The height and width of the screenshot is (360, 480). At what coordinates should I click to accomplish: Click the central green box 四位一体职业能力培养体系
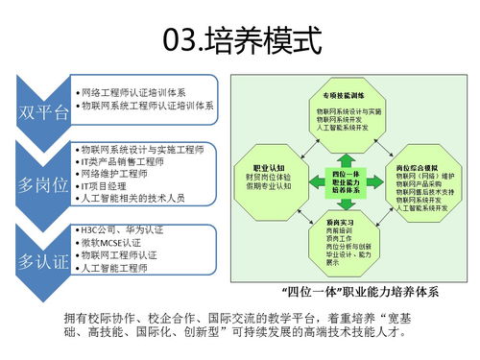click(345, 180)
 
